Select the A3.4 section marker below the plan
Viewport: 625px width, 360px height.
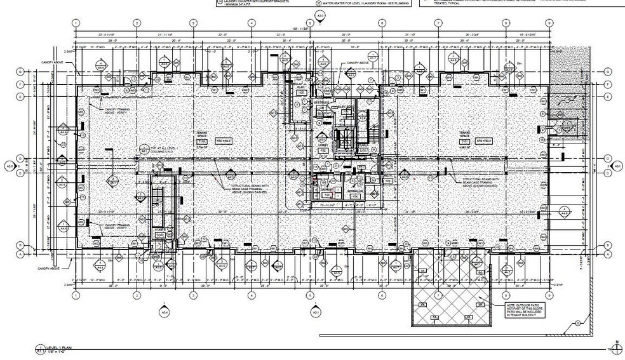[165, 312]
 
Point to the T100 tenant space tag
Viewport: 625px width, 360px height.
[203, 140]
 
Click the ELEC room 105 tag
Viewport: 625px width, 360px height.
[301, 92]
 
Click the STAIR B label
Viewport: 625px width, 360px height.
[160, 232]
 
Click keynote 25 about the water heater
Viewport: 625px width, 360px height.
[317, 3]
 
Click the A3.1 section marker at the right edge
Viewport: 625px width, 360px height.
[616, 166]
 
